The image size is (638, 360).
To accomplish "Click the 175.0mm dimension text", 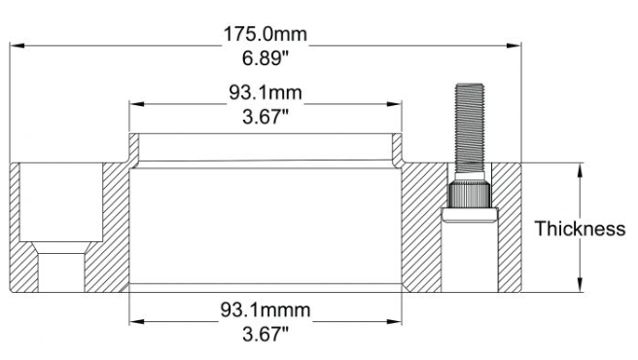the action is tap(266, 34).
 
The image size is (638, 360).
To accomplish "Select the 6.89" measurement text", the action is tap(265, 57).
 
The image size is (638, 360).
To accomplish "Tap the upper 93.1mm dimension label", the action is tap(266, 92).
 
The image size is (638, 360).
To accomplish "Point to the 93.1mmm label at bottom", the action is tap(266, 310).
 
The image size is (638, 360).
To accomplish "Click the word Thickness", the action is tap(580, 229).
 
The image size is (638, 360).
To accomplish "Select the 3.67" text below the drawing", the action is tap(265, 335).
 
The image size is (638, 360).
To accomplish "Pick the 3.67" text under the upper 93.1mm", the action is tap(265, 117).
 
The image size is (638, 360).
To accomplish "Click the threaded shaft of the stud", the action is tap(470, 127).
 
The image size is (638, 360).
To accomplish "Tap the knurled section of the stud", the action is tap(469, 195).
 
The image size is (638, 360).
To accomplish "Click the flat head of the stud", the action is tap(470, 215).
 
